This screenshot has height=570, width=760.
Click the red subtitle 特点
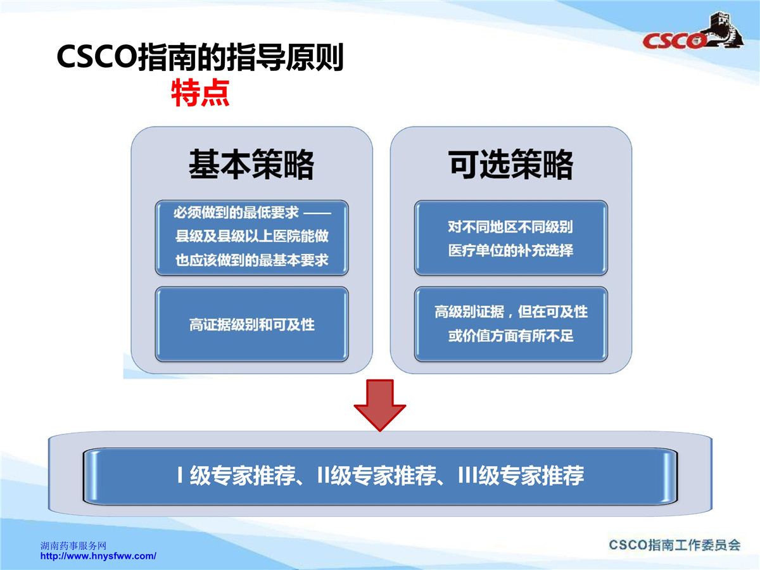(x=200, y=92)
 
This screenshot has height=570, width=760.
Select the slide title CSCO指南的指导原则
(x=200, y=56)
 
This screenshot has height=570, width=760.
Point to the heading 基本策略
(x=251, y=165)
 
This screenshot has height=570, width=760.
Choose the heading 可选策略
(x=510, y=165)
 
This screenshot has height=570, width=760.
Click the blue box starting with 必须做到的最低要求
(x=251, y=237)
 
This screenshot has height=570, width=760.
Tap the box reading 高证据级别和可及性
(x=251, y=324)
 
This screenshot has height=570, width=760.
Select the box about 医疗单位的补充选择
(x=511, y=237)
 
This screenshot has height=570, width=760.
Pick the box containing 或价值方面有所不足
(x=511, y=324)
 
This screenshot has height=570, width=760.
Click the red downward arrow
(x=380, y=405)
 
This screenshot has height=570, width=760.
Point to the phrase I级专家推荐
(x=236, y=475)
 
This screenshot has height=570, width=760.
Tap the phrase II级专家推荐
(x=377, y=475)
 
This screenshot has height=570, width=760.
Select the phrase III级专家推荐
(x=521, y=475)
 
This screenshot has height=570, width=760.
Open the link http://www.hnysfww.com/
(x=98, y=556)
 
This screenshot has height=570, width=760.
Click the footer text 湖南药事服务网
(x=73, y=546)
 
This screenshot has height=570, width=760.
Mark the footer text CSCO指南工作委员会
(x=674, y=545)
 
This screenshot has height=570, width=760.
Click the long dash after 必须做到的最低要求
(x=317, y=213)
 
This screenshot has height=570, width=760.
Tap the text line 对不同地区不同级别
(x=510, y=227)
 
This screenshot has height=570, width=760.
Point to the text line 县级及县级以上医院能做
(x=251, y=236)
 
